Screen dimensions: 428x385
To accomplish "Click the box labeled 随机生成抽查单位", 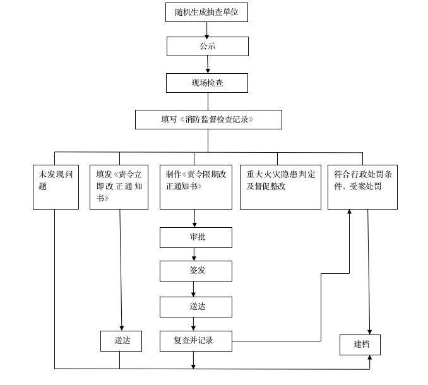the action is (x=206, y=12).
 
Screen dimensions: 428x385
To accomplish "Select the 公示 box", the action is (x=208, y=46).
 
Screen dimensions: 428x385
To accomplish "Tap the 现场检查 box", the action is (x=207, y=83).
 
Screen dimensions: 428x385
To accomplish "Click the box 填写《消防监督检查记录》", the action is (x=208, y=119).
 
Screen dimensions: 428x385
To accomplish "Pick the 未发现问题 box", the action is (x=56, y=187).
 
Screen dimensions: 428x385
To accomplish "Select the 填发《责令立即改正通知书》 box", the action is (x=119, y=187).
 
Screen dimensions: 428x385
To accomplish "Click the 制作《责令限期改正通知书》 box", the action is (x=196, y=187).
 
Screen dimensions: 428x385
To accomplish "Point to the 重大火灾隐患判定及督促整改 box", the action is (x=281, y=187).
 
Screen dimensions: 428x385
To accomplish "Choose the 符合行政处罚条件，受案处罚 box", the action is (x=362, y=187).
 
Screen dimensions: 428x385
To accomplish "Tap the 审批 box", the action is (x=196, y=238).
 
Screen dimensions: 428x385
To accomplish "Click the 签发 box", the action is (x=196, y=271).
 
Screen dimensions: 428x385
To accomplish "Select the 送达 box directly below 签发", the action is (x=196, y=307).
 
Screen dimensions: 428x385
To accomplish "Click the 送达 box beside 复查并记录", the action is (x=121, y=341).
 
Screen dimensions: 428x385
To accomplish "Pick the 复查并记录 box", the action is (x=196, y=341).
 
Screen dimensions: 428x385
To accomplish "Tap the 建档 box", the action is (x=360, y=345).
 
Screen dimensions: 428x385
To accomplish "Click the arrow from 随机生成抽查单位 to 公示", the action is (x=206, y=30).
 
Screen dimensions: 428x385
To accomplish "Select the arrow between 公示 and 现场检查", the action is (x=208, y=64).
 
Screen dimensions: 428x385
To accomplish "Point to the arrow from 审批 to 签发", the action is (x=194, y=254).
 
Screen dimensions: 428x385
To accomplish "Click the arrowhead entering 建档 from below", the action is (x=370, y=358).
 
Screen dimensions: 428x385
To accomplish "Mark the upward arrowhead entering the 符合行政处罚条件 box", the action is (x=349, y=212).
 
